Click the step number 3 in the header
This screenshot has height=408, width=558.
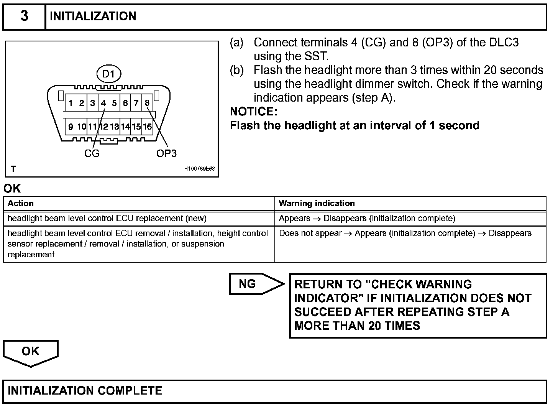(24, 16)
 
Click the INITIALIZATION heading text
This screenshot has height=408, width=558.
(93, 16)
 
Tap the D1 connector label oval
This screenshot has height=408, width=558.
(109, 74)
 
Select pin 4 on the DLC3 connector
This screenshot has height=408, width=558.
(103, 103)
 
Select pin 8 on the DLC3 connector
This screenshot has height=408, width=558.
(147, 103)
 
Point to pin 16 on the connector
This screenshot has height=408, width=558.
(147, 127)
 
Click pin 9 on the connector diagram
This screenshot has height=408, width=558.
(71, 127)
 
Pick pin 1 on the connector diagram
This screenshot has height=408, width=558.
(71, 103)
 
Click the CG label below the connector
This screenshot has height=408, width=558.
(92, 153)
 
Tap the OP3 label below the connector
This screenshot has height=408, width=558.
(166, 153)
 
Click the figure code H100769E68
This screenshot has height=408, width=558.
(199, 169)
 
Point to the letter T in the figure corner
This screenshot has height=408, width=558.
(13, 169)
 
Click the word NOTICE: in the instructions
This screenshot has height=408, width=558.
(253, 112)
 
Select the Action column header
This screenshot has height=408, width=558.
(21, 203)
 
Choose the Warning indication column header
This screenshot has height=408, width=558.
(317, 203)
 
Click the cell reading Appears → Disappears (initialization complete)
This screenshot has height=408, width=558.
(367, 218)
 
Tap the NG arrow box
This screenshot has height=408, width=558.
(253, 284)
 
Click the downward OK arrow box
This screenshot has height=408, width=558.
(31, 351)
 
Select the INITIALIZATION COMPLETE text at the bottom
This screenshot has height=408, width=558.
(85, 390)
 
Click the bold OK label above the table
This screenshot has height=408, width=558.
(12, 189)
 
